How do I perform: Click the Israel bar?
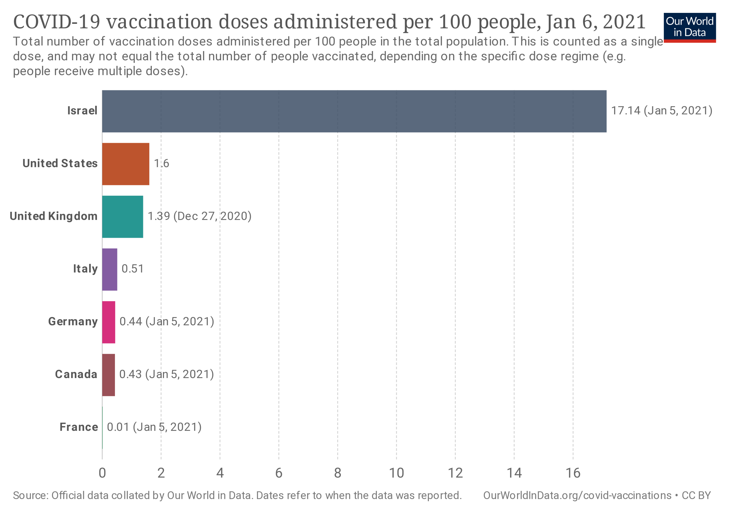(x=354, y=111)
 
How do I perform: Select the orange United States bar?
(x=126, y=164)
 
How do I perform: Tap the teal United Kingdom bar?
(x=122, y=217)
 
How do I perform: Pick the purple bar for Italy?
(x=110, y=269)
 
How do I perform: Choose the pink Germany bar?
(x=109, y=322)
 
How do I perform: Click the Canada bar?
(x=109, y=375)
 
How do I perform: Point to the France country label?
(x=79, y=427)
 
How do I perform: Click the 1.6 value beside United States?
(x=162, y=163)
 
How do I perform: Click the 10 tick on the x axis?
(x=396, y=473)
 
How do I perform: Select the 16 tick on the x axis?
(x=573, y=473)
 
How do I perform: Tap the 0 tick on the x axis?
(x=102, y=473)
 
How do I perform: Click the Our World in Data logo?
(x=690, y=27)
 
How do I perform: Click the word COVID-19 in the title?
(x=57, y=22)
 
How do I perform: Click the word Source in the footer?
(x=30, y=496)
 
